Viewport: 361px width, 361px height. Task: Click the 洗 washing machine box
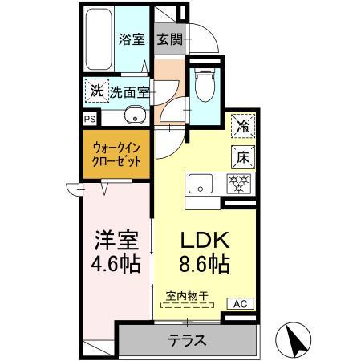coord(95,90)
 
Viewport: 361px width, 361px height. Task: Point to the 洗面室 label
coord(129,91)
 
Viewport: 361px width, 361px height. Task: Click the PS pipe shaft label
coord(88,117)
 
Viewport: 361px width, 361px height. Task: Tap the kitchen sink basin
coord(197,184)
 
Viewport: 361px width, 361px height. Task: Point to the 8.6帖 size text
coord(202,262)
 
